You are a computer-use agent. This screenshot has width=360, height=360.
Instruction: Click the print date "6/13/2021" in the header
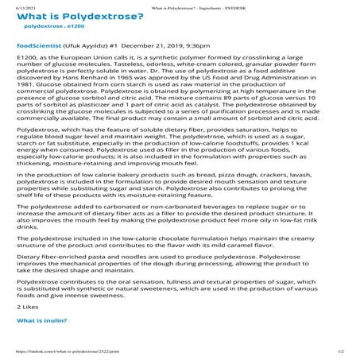tap(14, 3)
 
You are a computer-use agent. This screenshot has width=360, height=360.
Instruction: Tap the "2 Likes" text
tap(29, 305)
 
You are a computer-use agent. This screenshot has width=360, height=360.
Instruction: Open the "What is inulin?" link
tap(44, 321)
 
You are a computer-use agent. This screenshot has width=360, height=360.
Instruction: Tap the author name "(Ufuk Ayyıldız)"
tap(79, 57)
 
